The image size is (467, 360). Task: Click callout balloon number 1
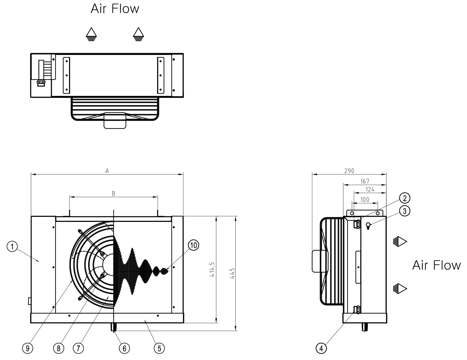click(x=12, y=246)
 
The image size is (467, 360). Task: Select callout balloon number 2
click(x=405, y=198)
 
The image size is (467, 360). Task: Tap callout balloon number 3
click(x=405, y=211)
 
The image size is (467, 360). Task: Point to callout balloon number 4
click(x=321, y=348)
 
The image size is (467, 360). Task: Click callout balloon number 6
click(x=124, y=348)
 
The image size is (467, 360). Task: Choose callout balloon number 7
click(x=78, y=348)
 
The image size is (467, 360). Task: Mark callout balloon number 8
click(x=58, y=348)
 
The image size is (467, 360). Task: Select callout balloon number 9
click(x=27, y=348)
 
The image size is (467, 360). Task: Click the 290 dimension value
click(x=349, y=171)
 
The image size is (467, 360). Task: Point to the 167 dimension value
click(x=365, y=181)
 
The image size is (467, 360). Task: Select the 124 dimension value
click(x=370, y=189)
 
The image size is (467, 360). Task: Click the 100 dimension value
click(x=365, y=199)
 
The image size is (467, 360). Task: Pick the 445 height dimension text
click(x=232, y=273)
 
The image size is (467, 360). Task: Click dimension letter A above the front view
click(x=107, y=171)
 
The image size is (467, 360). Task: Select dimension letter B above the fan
click(x=113, y=194)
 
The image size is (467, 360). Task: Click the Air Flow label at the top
click(x=115, y=9)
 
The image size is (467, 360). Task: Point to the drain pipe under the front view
click(x=114, y=327)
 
